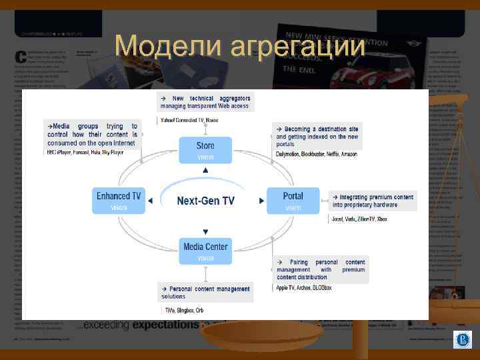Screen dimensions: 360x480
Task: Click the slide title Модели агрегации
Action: (x=240, y=47)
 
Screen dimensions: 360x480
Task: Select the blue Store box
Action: (x=205, y=150)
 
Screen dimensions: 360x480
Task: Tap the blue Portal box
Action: (x=293, y=200)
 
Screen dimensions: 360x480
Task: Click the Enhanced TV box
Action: (x=119, y=200)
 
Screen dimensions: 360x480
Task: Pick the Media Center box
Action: (x=205, y=251)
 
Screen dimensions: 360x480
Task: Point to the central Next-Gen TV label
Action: (x=205, y=201)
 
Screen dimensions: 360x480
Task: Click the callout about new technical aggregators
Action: (x=205, y=102)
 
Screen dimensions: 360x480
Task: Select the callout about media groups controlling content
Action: (x=93, y=134)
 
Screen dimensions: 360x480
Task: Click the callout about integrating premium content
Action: (x=373, y=201)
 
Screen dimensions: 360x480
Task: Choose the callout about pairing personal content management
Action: (x=321, y=269)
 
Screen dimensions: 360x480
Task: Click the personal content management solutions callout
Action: (x=205, y=292)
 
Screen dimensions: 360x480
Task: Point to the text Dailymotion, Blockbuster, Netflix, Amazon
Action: (x=317, y=154)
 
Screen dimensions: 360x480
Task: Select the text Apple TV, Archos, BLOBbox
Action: (x=304, y=288)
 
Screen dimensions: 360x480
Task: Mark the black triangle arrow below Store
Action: (x=205, y=171)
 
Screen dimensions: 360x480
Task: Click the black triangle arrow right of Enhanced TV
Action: (x=150, y=201)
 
